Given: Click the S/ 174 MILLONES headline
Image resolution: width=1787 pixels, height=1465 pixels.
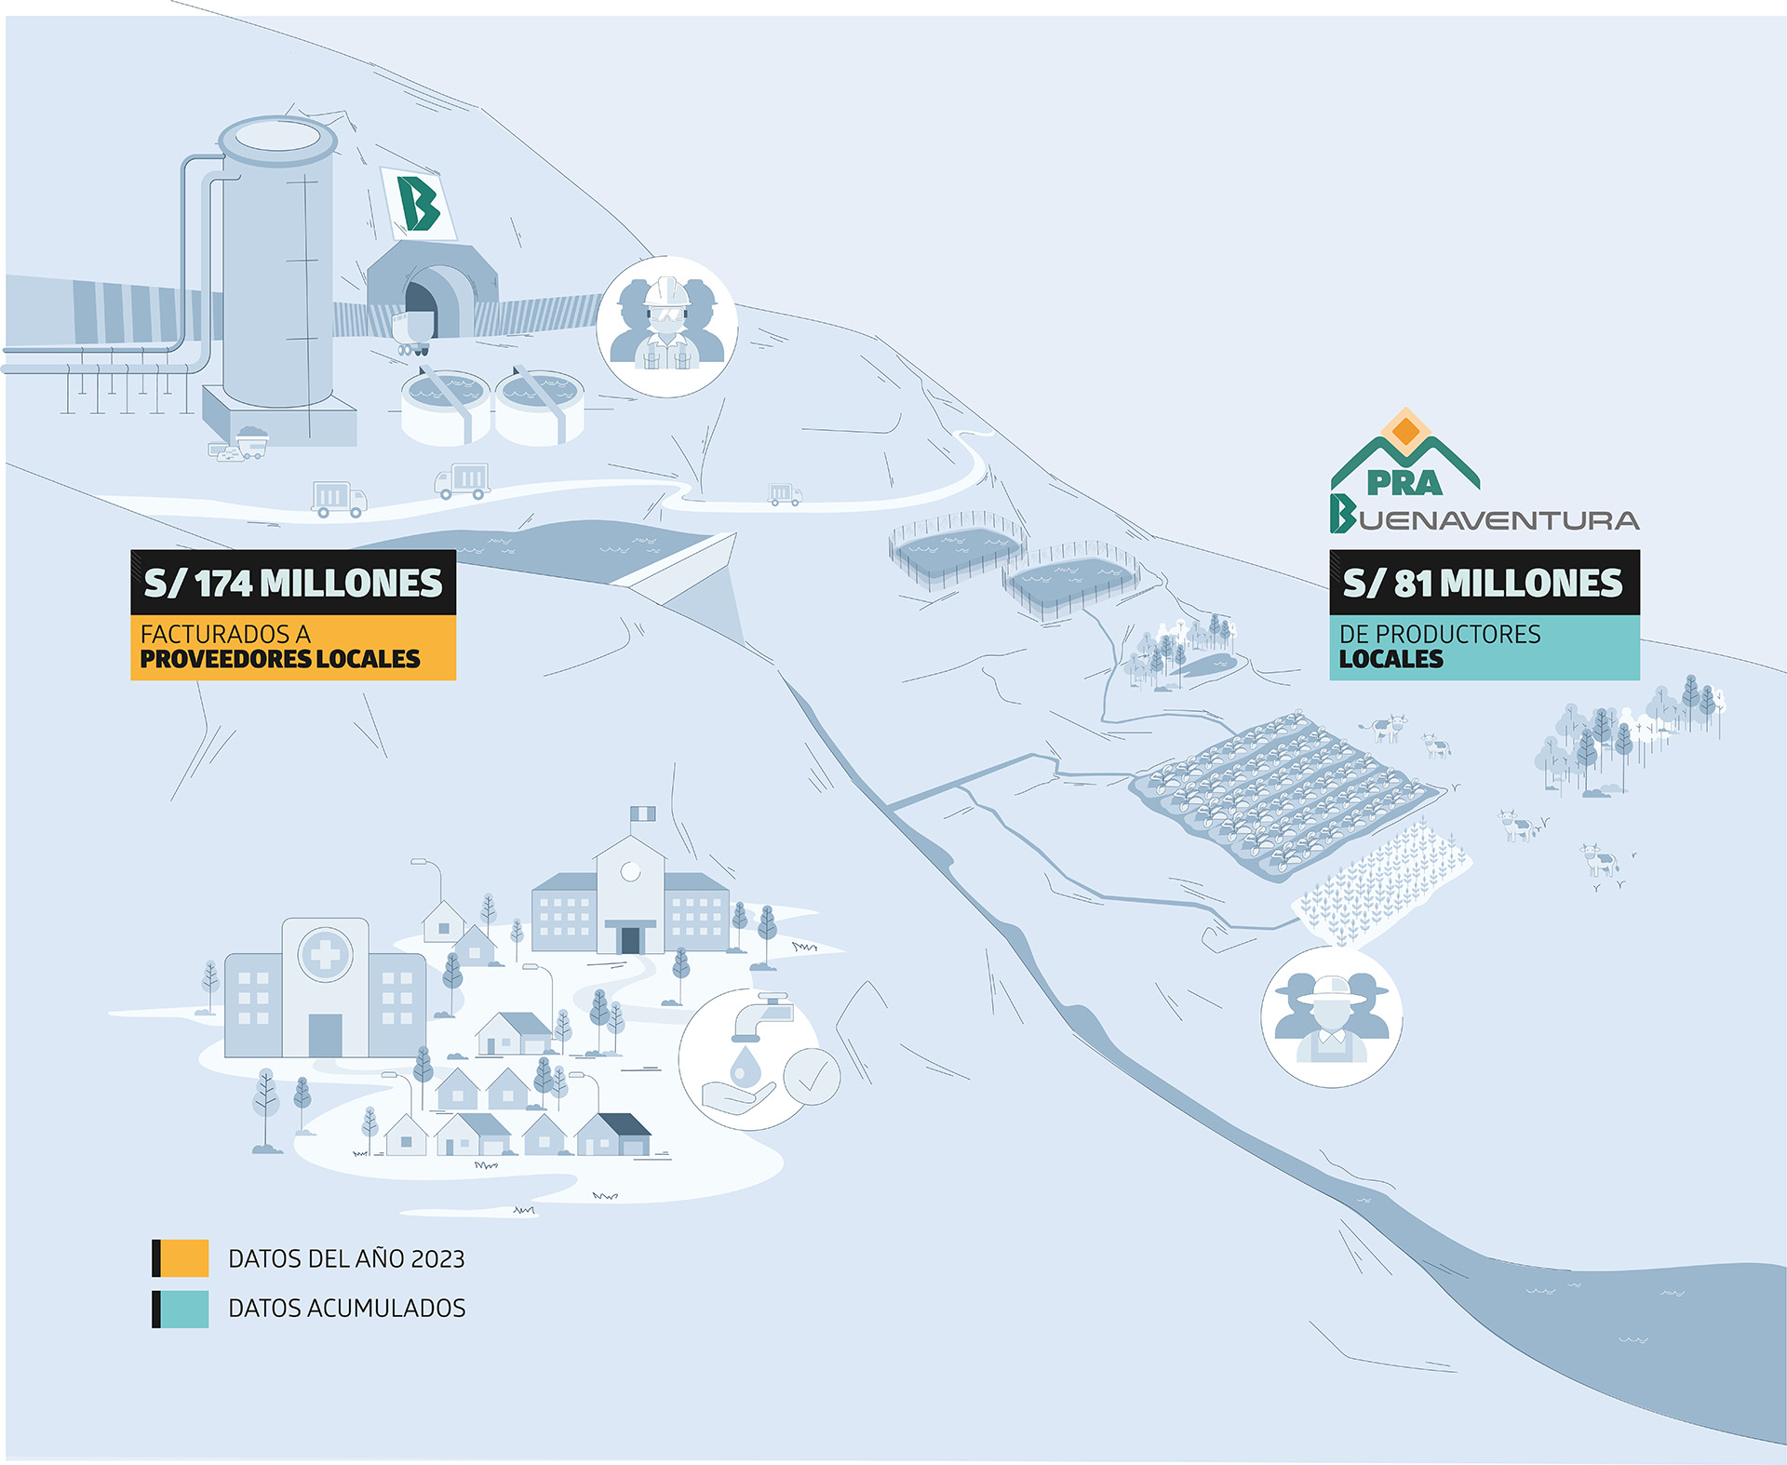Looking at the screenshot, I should coord(293,584).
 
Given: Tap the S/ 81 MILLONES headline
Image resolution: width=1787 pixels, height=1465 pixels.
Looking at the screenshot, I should coord(1484,584).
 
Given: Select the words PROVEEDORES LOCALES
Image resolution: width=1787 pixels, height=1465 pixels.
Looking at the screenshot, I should coord(280,659).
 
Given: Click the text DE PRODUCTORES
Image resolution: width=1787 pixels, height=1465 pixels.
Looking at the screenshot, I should coord(1440,634).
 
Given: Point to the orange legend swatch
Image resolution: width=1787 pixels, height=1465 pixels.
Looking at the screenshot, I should coord(183,1258).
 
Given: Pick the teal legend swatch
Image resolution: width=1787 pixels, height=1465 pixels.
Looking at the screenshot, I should coord(183,1309).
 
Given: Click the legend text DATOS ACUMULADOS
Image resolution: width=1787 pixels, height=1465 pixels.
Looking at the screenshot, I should coord(346,1309).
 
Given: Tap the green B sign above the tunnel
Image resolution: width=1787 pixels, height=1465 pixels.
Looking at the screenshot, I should coord(418,203).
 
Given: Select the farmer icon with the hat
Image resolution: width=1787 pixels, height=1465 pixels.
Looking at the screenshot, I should coord(1331,1016).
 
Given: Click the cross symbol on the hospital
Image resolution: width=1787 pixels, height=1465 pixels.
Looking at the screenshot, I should coord(325,955).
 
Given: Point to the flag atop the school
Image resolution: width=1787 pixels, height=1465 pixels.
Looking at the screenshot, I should coord(643,814).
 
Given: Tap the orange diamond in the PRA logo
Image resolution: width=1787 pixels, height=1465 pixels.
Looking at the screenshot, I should coord(1406,431).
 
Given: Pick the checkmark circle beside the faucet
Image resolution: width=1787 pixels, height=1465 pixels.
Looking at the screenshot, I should coord(812,1077).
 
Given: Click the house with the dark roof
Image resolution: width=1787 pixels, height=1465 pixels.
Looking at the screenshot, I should coord(614,1134).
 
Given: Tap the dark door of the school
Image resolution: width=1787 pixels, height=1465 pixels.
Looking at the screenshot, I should coord(630,939).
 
